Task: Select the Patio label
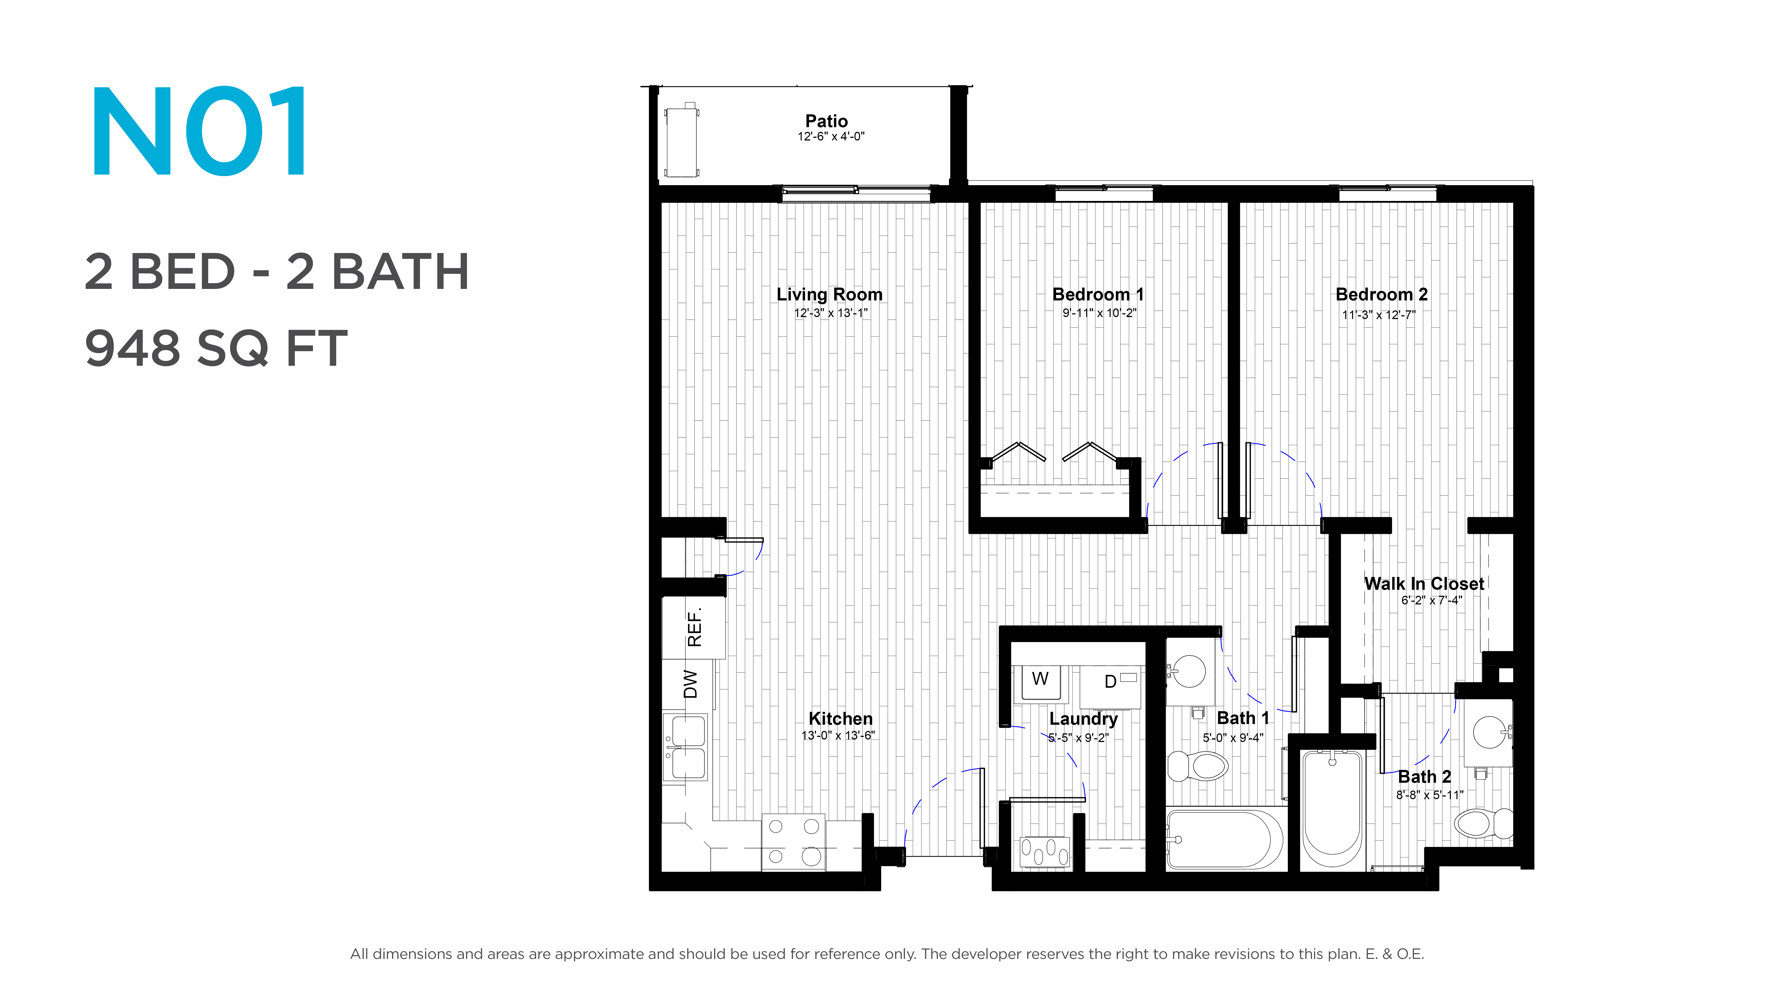[827, 121]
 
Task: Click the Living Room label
[829, 294]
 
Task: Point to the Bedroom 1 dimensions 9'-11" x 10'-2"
[1099, 313]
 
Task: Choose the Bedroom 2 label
[1381, 294]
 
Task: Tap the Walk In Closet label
[1424, 584]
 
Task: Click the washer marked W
[1041, 683]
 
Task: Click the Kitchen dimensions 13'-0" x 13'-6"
[838, 736]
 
